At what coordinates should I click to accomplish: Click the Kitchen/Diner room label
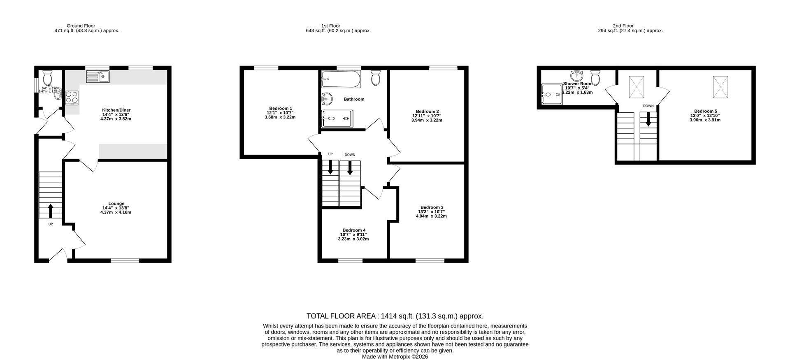pyautogui.click(x=116, y=110)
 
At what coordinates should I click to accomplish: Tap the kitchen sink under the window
pyautogui.click(x=98, y=76)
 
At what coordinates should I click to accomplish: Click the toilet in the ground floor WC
pyautogui.click(x=48, y=77)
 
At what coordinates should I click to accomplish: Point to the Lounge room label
pyautogui.click(x=116, y=203)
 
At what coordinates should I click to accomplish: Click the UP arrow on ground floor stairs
pyautogui.click(x=51, y=211)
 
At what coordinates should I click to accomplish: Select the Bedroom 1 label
pyautogui.click(x=281, y=108)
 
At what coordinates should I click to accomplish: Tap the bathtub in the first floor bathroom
pyautogui.click(x=341, y=79)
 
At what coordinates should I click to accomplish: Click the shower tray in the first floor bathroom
pyautogui.click(x=337, y=118)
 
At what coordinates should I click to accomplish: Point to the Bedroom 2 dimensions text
pyautogui.click(x=427, y=118)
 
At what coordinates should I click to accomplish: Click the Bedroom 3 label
pyautogui.click(x=432, y=207)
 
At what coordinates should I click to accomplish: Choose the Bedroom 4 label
pyautogui.click(x=353, y=230)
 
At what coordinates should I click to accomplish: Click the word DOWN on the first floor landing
pyautogui.click(x=350, y=155)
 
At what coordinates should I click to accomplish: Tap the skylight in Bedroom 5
pyautogui.click(x=720, y=87)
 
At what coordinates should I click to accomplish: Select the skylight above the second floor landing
pyautogui.click(x=636, y=87)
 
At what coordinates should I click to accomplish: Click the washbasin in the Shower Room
pyautogui.click(x=577, y=76)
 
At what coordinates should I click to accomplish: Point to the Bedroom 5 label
pyautogui.click(x=705, y=111)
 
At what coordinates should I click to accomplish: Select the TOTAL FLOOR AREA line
pyautogui.click(x=395, y=316)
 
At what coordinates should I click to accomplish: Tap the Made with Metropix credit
pyautogui.click(x=395, y=357)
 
